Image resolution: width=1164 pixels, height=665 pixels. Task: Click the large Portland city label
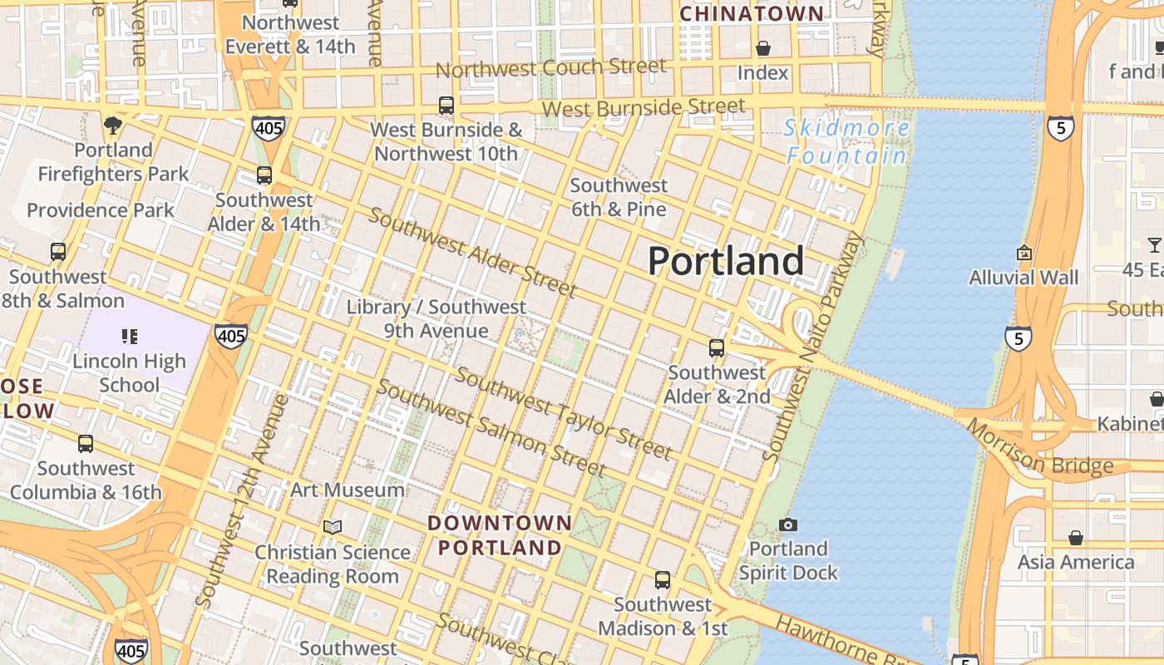coord(725,261)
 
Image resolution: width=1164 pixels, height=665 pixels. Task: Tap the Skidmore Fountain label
coord(847,142)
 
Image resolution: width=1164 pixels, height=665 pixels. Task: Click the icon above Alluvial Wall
coord(1024,253)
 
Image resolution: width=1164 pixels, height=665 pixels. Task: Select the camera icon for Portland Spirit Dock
coord(788,525)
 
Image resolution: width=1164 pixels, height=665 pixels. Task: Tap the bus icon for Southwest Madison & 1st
coord(663,580)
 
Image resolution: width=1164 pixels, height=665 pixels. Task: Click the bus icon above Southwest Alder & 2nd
coord(716,348)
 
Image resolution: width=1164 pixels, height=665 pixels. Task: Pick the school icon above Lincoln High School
coord(129,337)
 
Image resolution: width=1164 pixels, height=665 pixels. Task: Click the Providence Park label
coord(101,210)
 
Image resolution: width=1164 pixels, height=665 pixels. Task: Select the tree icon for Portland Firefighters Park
coord(113,126)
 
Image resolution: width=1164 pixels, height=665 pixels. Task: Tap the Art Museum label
coord(347,490)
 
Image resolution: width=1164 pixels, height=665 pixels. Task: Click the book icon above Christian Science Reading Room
coord(333,527)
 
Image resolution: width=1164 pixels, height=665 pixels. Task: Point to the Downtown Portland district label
coord(500,535)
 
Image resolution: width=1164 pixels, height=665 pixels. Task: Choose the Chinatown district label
coord(752,14)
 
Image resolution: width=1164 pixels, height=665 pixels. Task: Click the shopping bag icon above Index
coord(762,48)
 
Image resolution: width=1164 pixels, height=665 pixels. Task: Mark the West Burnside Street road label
coord(644,107)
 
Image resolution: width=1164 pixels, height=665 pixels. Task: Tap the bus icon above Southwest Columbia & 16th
coord(86,444)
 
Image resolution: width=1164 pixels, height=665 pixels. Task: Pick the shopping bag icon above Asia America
coord(1076,538)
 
